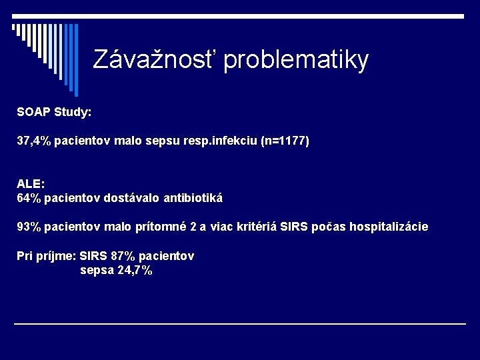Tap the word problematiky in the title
(x=296, y=61)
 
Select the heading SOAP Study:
(x=54, y=112)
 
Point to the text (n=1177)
(x=285, y=141)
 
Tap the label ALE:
(x=31, y=183)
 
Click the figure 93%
(x=29, y=227)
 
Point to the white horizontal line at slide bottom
(x=240, y=324)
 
